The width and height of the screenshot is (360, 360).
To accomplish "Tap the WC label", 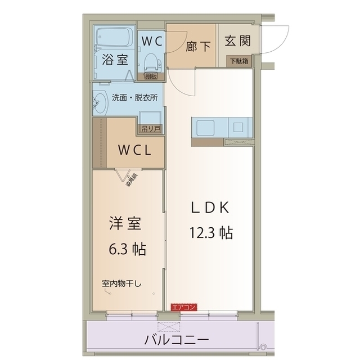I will [x=151, y=40].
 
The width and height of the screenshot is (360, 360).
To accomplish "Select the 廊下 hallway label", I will [x=199, y=44].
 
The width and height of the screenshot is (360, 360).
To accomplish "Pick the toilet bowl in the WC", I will [x=151, y=61].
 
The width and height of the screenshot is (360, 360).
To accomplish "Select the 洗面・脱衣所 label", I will [x=134, y=97].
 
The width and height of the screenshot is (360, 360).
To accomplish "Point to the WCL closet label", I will [x=133, y=150].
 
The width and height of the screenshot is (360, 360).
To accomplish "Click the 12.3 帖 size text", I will [x=211, y=232].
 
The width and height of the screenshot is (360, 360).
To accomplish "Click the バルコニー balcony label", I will [x=177, y=340].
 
